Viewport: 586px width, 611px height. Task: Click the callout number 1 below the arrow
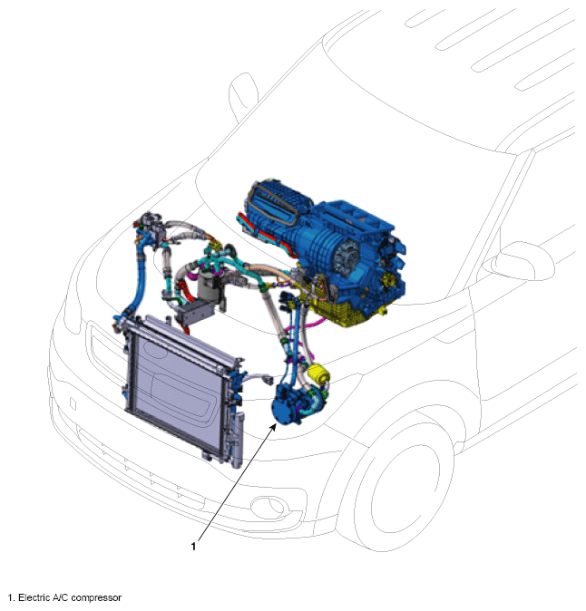coord(193,547)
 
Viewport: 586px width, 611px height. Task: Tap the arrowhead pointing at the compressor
coord(273,427)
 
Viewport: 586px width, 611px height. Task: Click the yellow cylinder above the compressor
coord(318,374)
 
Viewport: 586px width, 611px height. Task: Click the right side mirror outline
coord(519,260)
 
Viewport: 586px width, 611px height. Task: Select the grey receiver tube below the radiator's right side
coord(239,441)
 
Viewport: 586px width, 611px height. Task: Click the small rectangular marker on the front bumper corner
coord(73,403)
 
